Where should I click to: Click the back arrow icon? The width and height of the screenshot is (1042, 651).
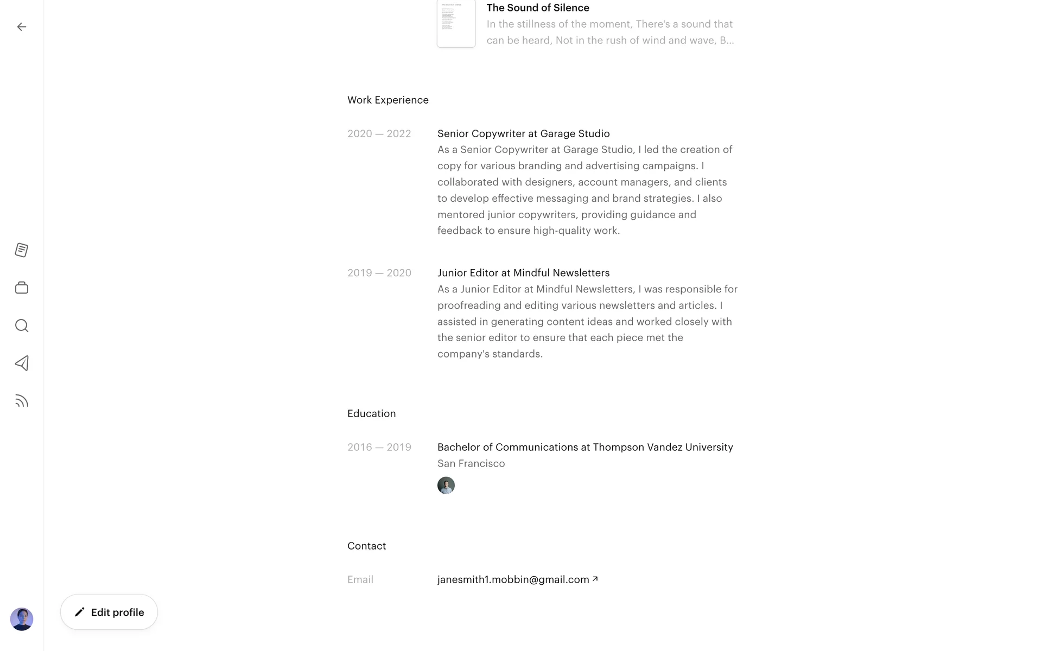[22, 27]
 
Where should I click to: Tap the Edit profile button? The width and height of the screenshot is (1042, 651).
[109, 612]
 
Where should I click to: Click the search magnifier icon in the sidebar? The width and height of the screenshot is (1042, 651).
[22, 325]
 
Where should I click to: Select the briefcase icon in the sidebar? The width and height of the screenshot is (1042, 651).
[22, 288]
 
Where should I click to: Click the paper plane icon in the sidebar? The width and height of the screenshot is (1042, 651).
[22, 363]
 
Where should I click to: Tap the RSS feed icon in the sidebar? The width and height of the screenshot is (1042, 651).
[22, 401]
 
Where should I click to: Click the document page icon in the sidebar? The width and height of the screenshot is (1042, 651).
[22, 250]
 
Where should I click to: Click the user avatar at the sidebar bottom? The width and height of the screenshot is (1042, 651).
[22, 619]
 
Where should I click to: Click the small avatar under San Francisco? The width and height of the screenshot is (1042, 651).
[446, 486]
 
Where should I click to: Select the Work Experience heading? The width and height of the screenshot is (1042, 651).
[388, 100]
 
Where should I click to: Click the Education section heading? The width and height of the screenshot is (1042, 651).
[372, 413]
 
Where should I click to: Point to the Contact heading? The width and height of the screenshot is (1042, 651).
[367, 546]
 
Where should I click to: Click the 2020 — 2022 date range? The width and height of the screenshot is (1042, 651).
[379, 133]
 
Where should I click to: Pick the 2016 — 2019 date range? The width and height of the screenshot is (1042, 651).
[379, 447]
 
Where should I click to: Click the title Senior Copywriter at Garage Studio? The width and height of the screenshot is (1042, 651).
[524, 133]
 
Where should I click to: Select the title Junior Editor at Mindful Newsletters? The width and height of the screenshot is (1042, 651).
[524, 273]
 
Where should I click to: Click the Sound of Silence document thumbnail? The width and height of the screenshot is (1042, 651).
[456, 24]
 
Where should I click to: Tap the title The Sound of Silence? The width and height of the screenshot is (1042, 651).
[538, 8]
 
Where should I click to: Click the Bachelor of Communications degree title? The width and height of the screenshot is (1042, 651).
[585, 447]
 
